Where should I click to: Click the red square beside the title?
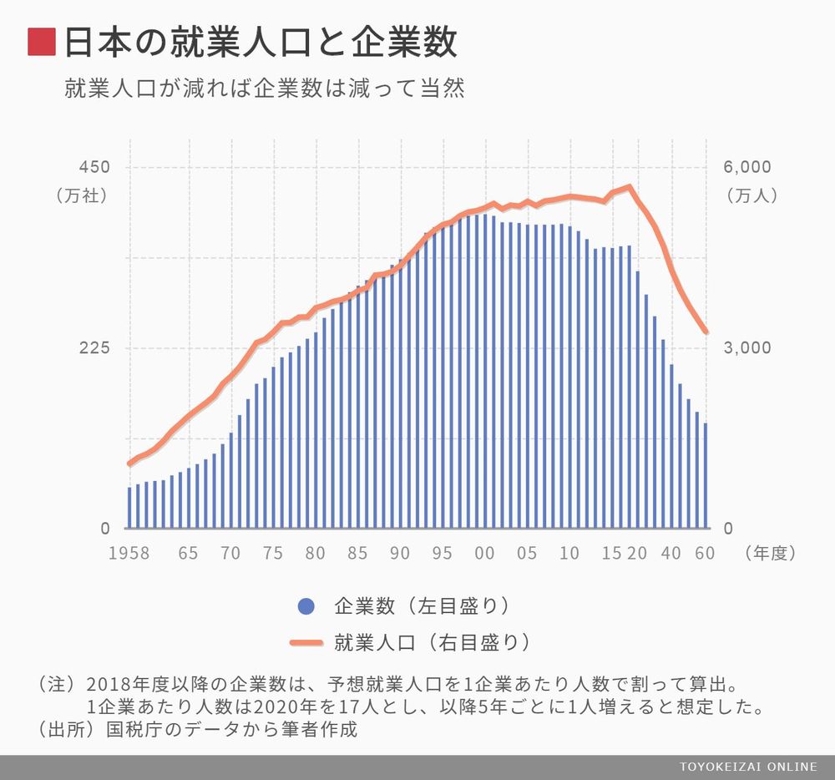(x=42, y=43)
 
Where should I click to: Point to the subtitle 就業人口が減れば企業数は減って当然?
(x=264, y=89)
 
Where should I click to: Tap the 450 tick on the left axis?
(x=94, y=167)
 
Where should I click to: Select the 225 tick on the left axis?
(x=94, y=348)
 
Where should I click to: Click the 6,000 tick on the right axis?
(x=746, y=167)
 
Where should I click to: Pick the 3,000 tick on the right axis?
(x=746, y=348)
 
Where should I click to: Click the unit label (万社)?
(x=82, y=196)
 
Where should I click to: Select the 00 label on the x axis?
(x=484, y=553)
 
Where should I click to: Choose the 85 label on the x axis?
(x=357, y=553)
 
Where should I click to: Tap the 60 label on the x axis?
(x=704, y=553)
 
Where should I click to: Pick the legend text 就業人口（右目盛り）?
(x=432, y=642)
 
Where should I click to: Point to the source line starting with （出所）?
(x=197, y=728)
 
